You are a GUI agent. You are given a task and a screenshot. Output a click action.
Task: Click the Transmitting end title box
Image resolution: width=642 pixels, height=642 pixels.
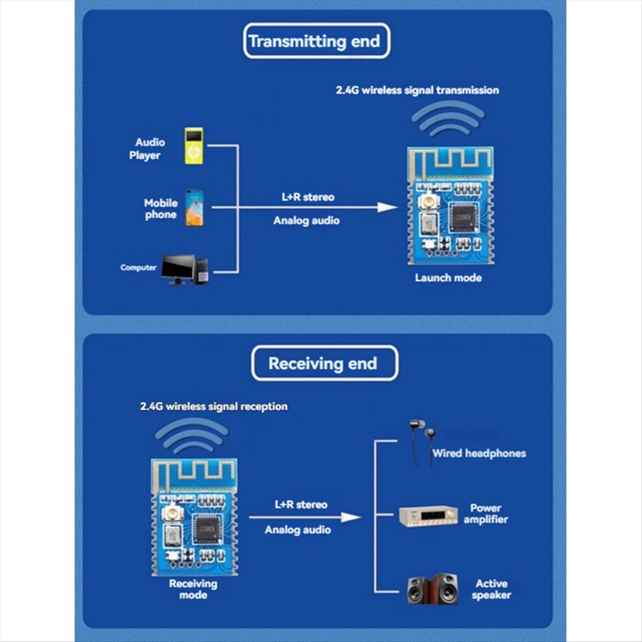pyautogui.click(x=316, y=41)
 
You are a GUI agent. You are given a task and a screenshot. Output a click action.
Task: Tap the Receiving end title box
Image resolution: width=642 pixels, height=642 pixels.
pyautogui.click(x=324, y=363)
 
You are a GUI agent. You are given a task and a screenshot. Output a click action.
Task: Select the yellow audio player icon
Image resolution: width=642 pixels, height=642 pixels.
pyautogui.click(x=194, y=146)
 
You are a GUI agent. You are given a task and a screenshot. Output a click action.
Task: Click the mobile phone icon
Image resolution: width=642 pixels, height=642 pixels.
pyautogui.click(x=194, y=208)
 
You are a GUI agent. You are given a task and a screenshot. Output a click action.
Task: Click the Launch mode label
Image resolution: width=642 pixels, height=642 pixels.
pyautogui.click(x=448, y=278)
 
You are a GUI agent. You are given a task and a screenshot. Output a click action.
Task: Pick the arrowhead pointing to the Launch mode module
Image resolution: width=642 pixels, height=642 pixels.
pyautogui.click(x=387, y=208)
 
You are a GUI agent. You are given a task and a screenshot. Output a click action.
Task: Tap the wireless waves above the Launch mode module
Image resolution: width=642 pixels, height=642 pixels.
pyautogui.click(x=448, y=119)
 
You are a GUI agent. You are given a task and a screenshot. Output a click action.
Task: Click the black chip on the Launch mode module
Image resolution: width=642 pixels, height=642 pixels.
pyautogui.click(x=463, y=217)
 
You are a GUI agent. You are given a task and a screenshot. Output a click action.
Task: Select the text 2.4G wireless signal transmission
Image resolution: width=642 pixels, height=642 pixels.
pyautogui.click(x=417, y=90)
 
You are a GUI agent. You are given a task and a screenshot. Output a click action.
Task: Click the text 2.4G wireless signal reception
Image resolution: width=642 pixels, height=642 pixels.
pyautogui.click(x=214, y=407)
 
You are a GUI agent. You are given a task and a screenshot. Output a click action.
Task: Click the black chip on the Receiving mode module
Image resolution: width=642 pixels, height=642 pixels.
pyautogui.click(x=208, y=529)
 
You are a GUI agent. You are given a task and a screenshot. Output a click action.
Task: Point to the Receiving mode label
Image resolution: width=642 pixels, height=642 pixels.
pyautogui.click(x=193, y=589)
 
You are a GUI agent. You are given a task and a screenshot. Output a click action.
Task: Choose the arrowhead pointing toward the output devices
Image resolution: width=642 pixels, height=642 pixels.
pyautogui.click(x=351, y=517)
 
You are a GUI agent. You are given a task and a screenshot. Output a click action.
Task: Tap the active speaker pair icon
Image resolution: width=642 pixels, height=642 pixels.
pyautogui.click(x=433, y=589)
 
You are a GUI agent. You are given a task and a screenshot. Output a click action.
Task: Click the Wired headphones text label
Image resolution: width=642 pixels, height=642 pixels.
pyautogui.click(x=479, y=453)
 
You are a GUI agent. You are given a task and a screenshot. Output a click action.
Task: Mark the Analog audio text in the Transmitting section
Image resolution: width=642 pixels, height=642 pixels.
pyautogui.click(x=307, y=220)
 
